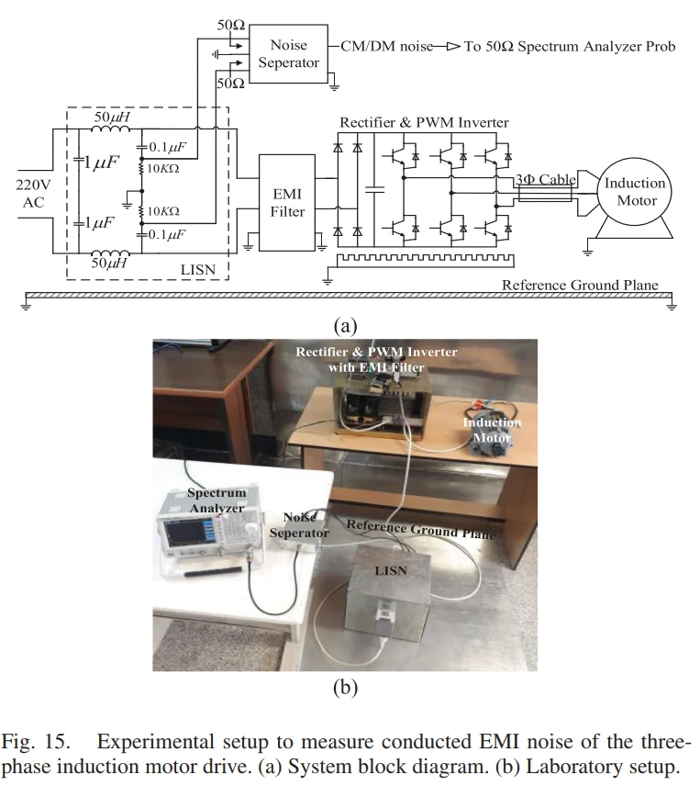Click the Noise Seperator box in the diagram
(x=288, y=54)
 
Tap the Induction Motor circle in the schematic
(x=634, y=191)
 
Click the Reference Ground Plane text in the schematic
(x=579, y=285)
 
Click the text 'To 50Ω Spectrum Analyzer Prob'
(x=569, y=46)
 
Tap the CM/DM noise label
(x=385, y=46)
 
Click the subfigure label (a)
(x=345, y=325)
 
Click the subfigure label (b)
(x=345, y=686)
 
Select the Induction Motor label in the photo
(x=492, y=430)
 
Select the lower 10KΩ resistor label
(x=161, y=211)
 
